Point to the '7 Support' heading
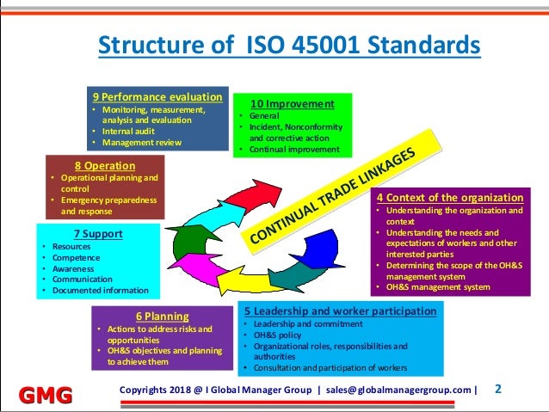(x=98, y=233)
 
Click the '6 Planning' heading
(x=162, y=316)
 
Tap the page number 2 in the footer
(x=498, y=389)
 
